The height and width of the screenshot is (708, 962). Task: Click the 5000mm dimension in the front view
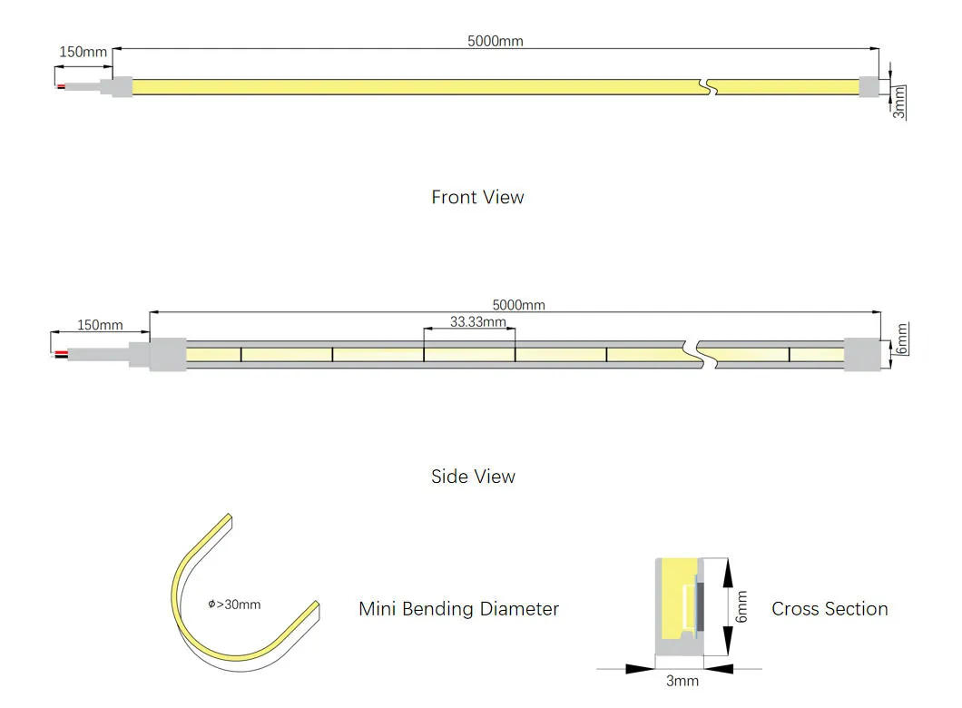495,41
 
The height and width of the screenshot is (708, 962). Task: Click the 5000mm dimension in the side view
518,305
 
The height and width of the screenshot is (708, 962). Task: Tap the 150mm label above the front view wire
83,52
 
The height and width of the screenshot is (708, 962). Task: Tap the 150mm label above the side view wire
100,325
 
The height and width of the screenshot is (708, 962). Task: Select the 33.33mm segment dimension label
477,321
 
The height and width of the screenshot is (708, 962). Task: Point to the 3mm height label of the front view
899,102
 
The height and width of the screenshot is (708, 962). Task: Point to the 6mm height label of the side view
901,339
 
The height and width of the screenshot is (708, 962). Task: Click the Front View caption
477,197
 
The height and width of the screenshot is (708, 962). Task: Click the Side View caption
473,477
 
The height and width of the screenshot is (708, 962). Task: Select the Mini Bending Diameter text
458,609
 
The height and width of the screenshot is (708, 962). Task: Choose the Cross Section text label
829,609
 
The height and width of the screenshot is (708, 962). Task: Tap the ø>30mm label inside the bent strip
234,605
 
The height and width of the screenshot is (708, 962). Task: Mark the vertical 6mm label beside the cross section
741,606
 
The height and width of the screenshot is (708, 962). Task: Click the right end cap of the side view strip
862,354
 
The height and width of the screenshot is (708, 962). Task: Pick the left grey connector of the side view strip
166,353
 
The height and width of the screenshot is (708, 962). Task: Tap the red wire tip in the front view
61,86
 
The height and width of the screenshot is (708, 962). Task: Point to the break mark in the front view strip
709,87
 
